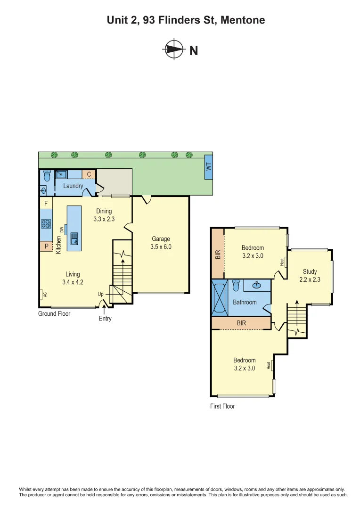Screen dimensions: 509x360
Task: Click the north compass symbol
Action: (174, 49)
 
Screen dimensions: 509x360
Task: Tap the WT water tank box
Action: (208, 167)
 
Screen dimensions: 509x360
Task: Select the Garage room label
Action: (161, 239)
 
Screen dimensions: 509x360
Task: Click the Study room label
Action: (310, 271)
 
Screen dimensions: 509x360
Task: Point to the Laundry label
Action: (73, 186)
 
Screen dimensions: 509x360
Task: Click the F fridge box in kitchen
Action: (46, 204)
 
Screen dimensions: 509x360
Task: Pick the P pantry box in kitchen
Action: (46, 246)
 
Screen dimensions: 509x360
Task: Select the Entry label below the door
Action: (105, 319)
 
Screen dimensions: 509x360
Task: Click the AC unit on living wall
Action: (41, 294)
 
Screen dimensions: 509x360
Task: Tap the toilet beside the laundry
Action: (46, 176)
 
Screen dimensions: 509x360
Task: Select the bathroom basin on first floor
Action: (257, 285)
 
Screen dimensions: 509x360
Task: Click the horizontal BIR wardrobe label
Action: (241, 323)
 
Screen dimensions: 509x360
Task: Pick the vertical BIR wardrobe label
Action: (218, 254)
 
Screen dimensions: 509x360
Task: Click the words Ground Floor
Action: (54, 313)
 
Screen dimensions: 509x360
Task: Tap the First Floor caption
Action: (222, 406)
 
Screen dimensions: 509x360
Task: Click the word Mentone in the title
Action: (243, 20)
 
